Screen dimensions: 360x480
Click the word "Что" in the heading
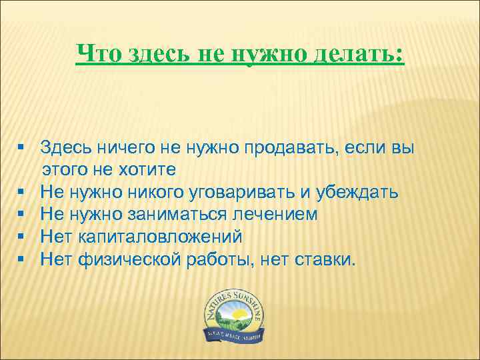[x=96, y=53]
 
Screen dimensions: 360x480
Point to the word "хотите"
[x=146, y=170]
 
